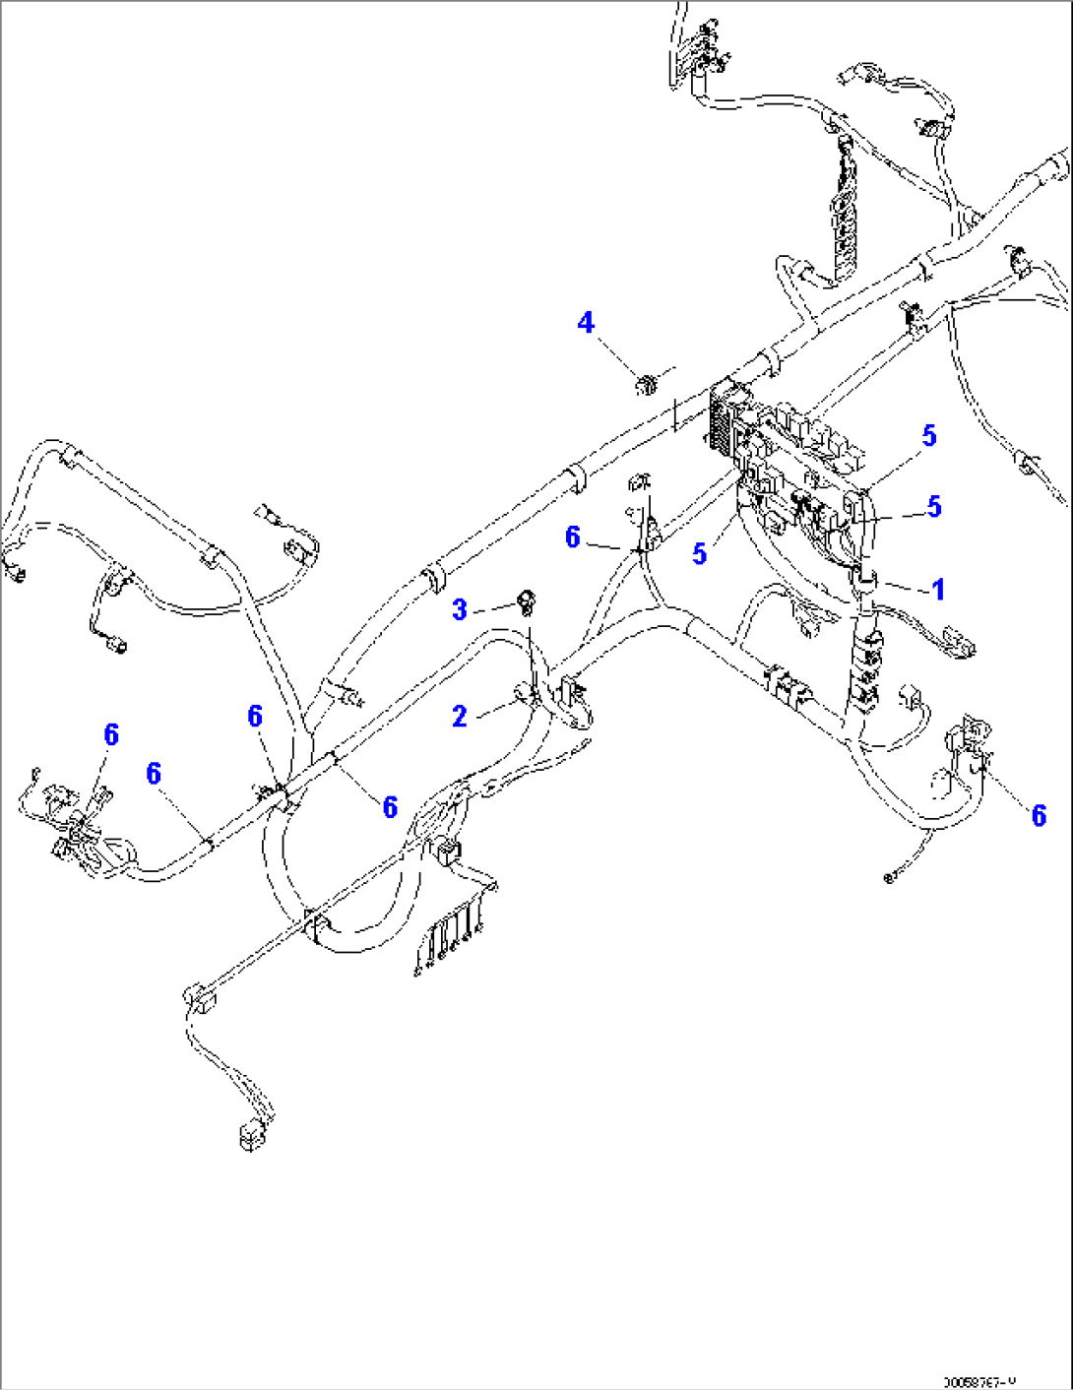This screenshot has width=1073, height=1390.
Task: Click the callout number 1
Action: [938, 590]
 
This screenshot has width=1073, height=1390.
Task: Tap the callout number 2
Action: [460, 717]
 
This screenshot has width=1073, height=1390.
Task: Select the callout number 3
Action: [460, 609]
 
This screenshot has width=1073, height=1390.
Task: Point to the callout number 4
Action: [586, 323]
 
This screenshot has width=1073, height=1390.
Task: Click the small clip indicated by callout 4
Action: [646, 383]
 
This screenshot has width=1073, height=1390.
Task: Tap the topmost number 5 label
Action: [928, 436]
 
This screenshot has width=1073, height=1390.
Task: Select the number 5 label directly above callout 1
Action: [934, 507]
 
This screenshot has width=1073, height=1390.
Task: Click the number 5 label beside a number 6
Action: [699, 554]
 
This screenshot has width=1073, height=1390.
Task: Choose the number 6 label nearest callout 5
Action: [573, 537]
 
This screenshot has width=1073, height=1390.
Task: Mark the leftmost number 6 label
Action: [111, 734]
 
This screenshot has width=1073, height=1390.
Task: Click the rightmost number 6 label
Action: [1039, 815]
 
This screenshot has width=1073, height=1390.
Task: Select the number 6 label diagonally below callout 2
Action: [390, 807]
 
